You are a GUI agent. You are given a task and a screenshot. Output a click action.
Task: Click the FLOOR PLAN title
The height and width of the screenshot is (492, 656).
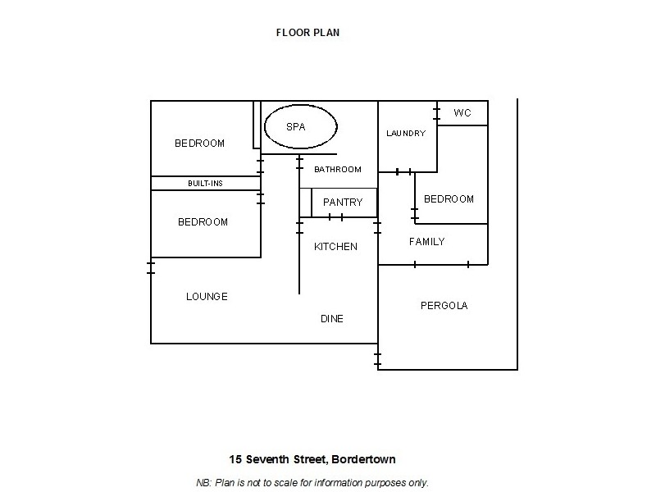(307, 34)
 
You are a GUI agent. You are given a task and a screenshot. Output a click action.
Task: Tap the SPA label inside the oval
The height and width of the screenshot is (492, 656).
(295, 127)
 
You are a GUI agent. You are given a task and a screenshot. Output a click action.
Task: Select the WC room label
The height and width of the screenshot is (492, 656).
(462, 112)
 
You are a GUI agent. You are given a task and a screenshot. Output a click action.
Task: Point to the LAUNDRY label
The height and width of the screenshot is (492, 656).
(406, 133)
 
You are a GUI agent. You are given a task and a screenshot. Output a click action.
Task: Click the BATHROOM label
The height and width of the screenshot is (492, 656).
(337, 170)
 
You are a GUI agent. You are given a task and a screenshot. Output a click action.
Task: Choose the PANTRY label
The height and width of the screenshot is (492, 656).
(343, 203)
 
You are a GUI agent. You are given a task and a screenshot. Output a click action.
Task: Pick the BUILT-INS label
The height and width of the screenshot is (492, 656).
(205, 184)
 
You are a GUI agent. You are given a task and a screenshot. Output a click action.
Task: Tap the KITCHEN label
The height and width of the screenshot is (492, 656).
(335, 246)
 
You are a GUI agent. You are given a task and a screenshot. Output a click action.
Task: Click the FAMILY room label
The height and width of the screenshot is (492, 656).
(426, 242)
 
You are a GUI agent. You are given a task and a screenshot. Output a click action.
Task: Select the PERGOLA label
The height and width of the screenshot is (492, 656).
(444, 306)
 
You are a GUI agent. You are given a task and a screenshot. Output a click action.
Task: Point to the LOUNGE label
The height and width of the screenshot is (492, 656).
(207, 297)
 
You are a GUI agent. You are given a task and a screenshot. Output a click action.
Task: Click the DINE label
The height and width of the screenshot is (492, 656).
(331, 319)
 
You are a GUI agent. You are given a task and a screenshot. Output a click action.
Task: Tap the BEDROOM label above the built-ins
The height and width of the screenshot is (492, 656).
(199, 143)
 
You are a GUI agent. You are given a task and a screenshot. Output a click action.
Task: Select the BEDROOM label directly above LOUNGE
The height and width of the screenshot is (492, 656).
(203, 222)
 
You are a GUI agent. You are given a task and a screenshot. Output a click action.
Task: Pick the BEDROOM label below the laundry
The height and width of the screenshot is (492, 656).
(449, 199)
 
